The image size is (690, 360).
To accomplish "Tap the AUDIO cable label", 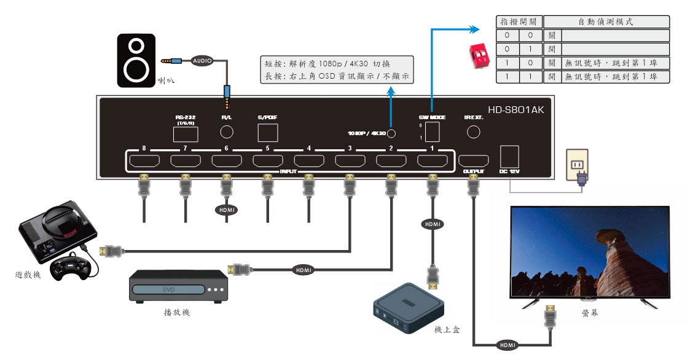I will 203,61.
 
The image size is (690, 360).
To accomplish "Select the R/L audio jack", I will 227,132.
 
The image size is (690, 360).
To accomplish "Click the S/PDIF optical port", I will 268,132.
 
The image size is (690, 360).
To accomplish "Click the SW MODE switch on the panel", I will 432,131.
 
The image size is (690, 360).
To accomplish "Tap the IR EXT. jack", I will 474,131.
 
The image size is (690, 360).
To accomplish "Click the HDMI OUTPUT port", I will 473,161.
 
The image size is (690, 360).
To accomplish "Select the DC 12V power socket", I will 510,157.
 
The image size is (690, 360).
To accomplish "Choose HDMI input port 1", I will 432,162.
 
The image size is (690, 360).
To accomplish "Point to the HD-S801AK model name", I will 516,110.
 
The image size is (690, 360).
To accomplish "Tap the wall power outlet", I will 575,165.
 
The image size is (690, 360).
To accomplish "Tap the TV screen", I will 590,251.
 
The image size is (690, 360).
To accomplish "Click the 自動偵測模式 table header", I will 606,22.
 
